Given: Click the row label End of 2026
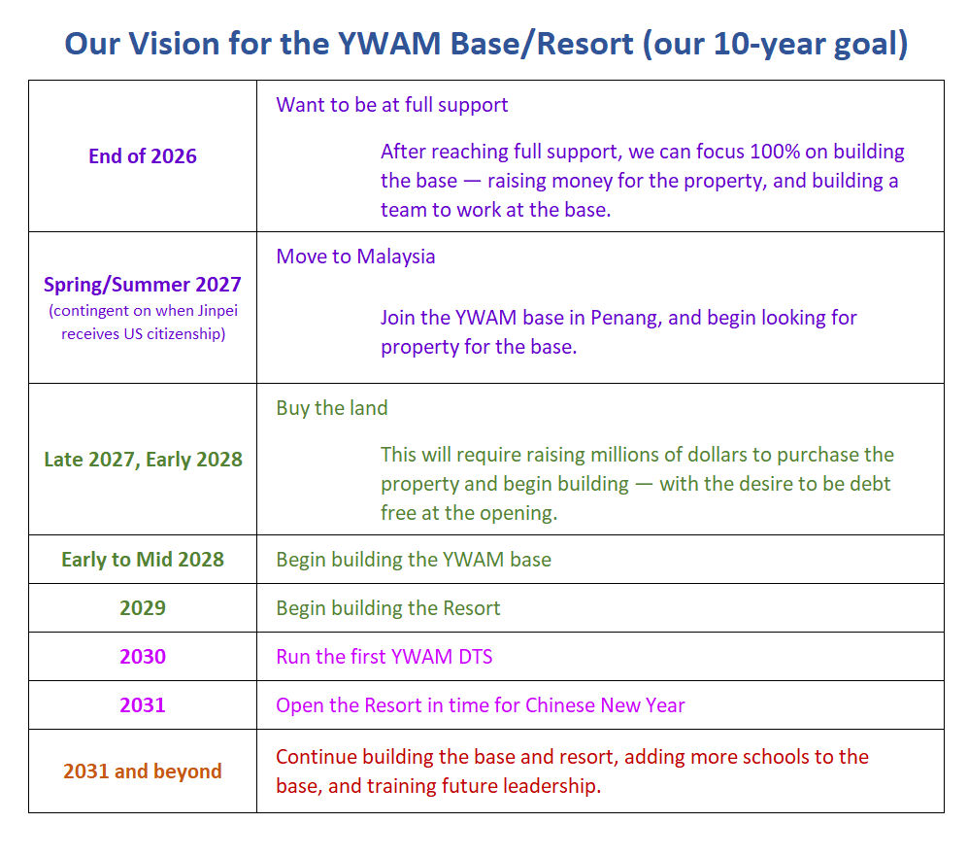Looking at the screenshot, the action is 143,156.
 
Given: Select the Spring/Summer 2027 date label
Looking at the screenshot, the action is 143,285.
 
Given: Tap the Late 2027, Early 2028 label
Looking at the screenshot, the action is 144,460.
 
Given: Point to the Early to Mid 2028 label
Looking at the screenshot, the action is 143,559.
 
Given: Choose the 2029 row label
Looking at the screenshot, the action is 143,608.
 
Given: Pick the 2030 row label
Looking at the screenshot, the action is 143,656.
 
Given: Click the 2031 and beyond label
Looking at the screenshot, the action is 143,771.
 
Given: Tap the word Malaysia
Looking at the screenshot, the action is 396,257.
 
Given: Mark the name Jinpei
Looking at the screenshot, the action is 217,311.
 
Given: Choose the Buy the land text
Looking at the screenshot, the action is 332,408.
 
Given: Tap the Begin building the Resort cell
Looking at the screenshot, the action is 387,608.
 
